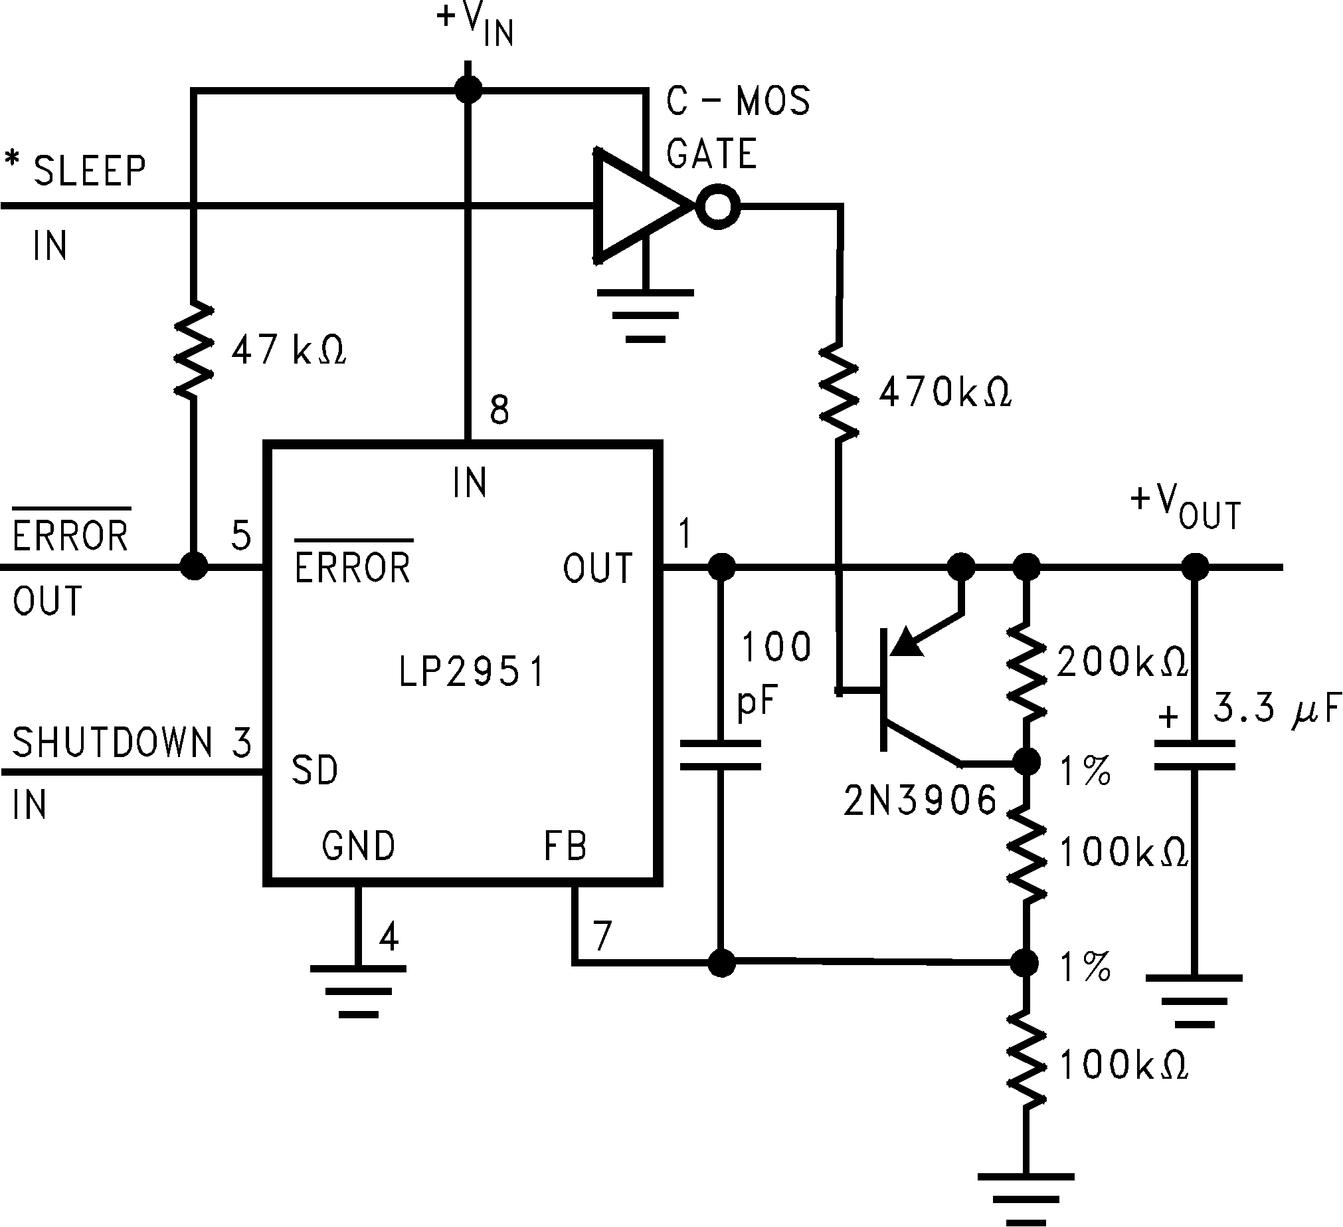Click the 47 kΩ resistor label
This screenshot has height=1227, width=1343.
point(288,350)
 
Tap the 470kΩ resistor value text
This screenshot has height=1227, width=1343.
point(944,392)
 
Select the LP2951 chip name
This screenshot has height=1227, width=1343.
point(472,671)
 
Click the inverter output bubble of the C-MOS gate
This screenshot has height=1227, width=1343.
point(717,207)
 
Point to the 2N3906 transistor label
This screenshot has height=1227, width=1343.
point(920,800)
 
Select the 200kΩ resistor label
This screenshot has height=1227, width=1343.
point(1122,662)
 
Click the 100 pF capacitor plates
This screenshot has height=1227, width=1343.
point(720,754)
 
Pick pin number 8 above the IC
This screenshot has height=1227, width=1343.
point(499,410)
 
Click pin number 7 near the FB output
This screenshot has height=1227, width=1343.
point(602,936)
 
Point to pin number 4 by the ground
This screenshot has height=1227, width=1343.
point(389,937)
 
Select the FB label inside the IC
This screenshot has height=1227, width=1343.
point(565,845)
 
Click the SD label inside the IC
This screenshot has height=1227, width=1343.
point(315,770)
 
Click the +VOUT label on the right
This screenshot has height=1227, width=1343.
point(1186,508)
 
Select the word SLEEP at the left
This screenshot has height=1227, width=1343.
point(90,171)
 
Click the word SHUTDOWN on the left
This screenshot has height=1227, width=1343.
point(112,742)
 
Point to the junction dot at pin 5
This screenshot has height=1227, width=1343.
point(194,566)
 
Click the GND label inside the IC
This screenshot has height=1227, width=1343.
point(359,845)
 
